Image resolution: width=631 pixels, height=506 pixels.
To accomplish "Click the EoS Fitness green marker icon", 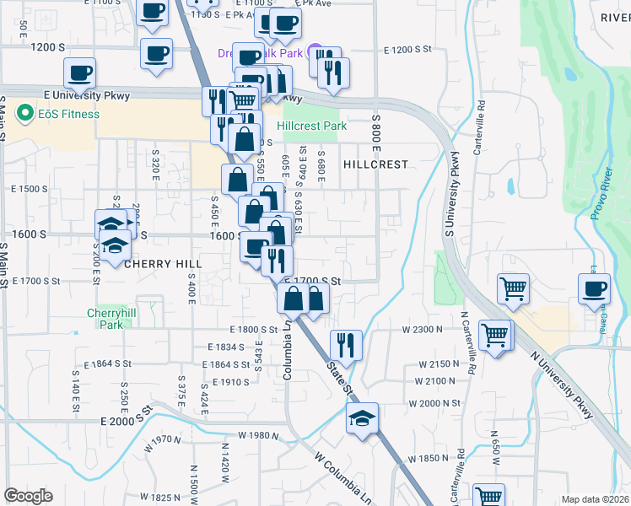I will click(x=24, y=114).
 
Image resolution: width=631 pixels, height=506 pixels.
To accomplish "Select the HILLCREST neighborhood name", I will click(x=375, y=164).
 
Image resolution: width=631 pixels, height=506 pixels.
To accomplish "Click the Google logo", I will click(x=28, y=496).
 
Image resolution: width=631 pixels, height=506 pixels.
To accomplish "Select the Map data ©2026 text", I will click(x=596, y=499).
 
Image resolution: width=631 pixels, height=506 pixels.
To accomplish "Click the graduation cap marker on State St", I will click(x=362, y=418).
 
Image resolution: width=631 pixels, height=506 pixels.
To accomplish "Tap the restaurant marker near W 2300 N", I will click(x=346, y=345).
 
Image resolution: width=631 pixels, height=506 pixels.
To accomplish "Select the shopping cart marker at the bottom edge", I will click(x=488, y=496).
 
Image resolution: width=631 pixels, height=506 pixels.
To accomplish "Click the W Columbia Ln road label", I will click(x=343, y=477).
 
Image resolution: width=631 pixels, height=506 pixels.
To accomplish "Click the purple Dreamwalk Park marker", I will click(x=315, y=50).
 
